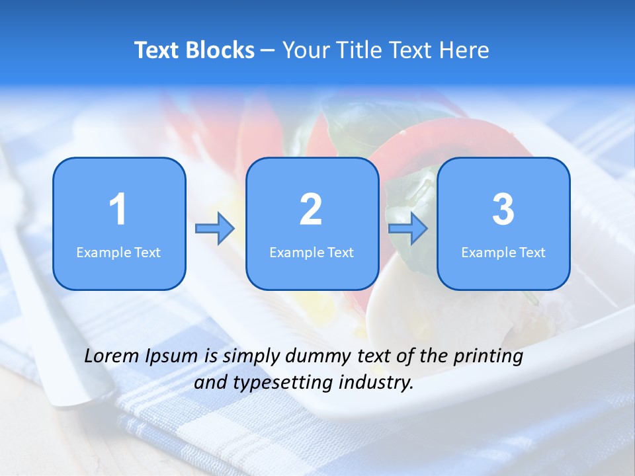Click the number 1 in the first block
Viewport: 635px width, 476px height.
point(118,210)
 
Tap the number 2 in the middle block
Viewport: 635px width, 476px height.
point(311,210)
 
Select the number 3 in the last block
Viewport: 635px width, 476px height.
point(503,210)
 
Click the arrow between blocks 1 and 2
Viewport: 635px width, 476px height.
point(215,229)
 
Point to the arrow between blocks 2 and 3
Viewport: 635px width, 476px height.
point(408,229)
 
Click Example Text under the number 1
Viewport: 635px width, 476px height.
point(118,252)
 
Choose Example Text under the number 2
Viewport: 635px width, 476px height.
point(312,252)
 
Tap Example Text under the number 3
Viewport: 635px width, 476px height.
point(503,252)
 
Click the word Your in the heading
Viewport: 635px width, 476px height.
point(303,50)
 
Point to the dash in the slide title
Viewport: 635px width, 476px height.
point(269,51)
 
